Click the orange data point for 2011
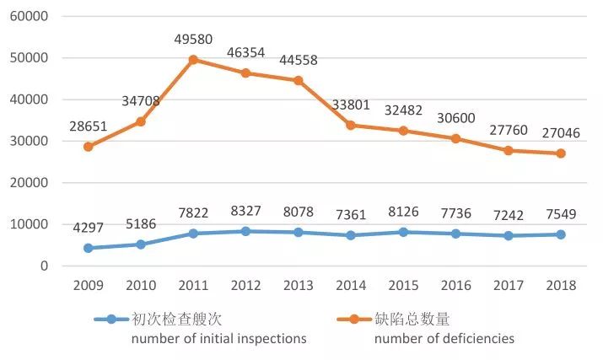(x=193, y=60)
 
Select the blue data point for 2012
(x=245, y=231)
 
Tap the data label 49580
(x=193, y=39)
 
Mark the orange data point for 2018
(x=560, y=153)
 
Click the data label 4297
(x=89, y=228)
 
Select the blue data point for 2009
(x=89, y=248)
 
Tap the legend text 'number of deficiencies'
(x=444, y=339)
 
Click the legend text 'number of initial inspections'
(x=218, y=339)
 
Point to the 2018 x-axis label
(x=559, y=286)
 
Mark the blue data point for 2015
(x=403, y=232)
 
